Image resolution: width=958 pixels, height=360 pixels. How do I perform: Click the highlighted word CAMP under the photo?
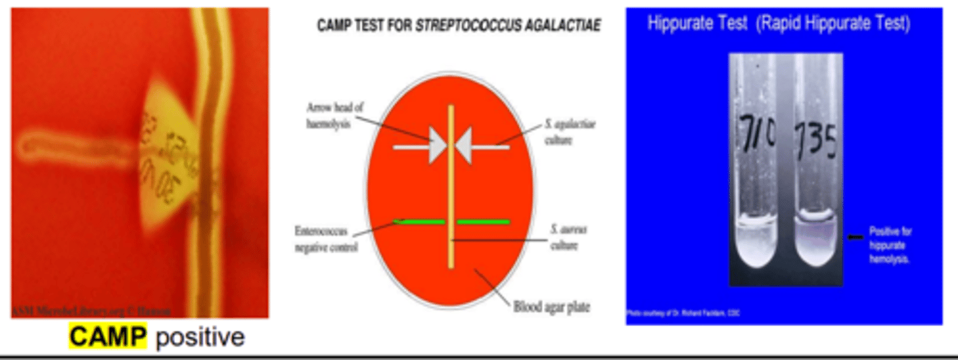click(107, 337)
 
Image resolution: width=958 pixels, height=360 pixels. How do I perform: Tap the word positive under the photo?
click(200, 337)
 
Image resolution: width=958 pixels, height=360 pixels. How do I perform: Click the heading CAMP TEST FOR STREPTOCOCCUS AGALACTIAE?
click(459, 26)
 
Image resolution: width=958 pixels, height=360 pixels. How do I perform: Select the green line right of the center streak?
click(483, 222)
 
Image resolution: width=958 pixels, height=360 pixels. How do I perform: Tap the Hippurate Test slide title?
click(779, 24)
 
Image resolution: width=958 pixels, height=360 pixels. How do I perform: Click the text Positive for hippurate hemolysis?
click(890, 245)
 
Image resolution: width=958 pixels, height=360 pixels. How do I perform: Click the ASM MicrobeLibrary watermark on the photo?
click(90, 311)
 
